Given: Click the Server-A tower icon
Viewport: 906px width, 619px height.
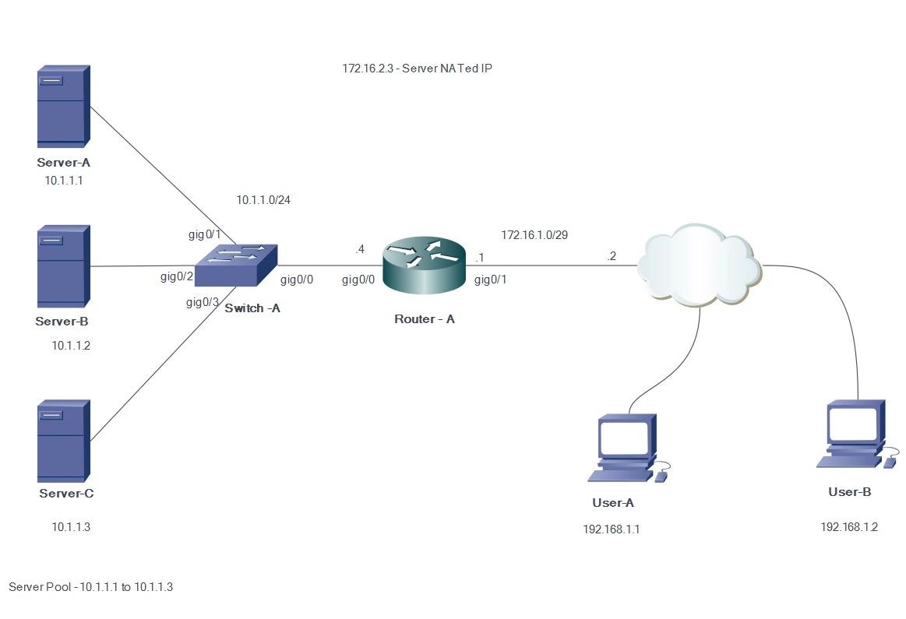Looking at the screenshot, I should point(63,107).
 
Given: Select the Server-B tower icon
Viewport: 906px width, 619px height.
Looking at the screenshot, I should point(63,267).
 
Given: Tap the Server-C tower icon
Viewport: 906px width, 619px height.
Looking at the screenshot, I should point(63,441).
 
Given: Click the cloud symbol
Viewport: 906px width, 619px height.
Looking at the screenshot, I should point(699,265).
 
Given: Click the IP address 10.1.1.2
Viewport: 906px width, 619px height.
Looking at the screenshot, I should point(71,346).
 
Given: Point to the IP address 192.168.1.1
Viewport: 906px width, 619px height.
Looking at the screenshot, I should point(612,529).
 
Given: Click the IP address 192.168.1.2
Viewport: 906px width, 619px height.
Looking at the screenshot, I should point(849,527).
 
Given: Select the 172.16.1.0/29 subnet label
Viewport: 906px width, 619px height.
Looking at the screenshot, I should point(534,234).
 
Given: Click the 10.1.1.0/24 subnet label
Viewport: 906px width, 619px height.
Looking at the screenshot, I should point(263,200).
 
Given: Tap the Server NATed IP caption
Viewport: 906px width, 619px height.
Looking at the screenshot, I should point(417,69).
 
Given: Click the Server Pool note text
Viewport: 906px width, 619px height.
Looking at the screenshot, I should point(90,587).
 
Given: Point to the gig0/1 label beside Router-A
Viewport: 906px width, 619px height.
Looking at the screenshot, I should point(491,280).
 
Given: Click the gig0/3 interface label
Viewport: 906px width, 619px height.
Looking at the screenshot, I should point(203,302).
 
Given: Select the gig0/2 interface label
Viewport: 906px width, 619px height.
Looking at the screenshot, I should point(177,276).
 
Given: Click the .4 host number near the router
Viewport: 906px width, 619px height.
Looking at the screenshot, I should point(360,249).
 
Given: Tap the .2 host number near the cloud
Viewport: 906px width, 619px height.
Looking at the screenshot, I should point(612,257).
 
